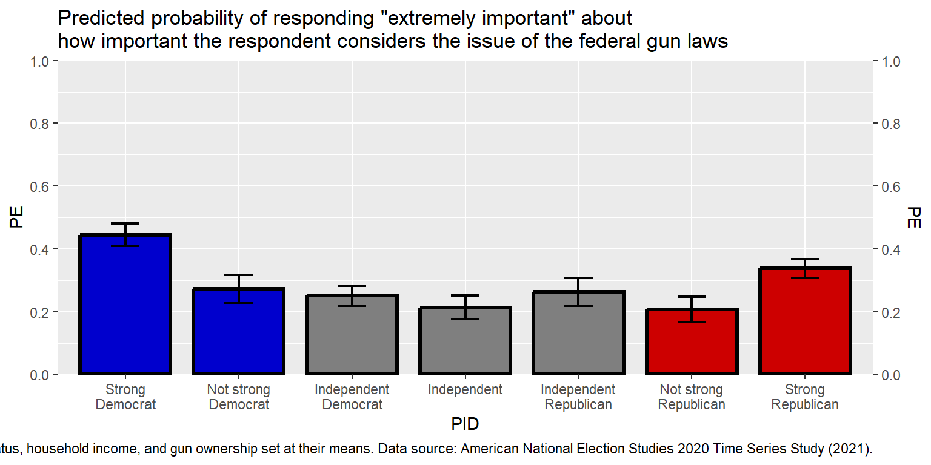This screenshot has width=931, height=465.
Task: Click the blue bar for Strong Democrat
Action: [125, 304]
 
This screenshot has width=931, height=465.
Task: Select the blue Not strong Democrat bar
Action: [239, 331]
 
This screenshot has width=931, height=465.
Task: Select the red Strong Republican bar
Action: [805, 321]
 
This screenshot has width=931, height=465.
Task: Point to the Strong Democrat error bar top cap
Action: [125, 223]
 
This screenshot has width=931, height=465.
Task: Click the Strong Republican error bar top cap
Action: [805, 259]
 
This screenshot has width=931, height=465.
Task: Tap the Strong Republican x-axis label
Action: [805, 397]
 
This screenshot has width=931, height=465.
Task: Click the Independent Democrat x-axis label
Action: [352, 397]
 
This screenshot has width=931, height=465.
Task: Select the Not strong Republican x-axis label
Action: [692, 397]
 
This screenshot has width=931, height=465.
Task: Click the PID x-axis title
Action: [465, 424]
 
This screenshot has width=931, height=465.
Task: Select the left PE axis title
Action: [16, 218]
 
